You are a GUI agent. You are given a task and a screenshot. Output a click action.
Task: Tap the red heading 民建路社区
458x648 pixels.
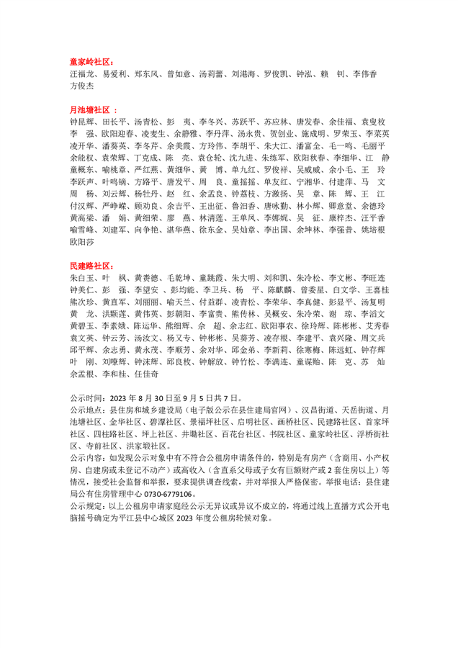[90, 266]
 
